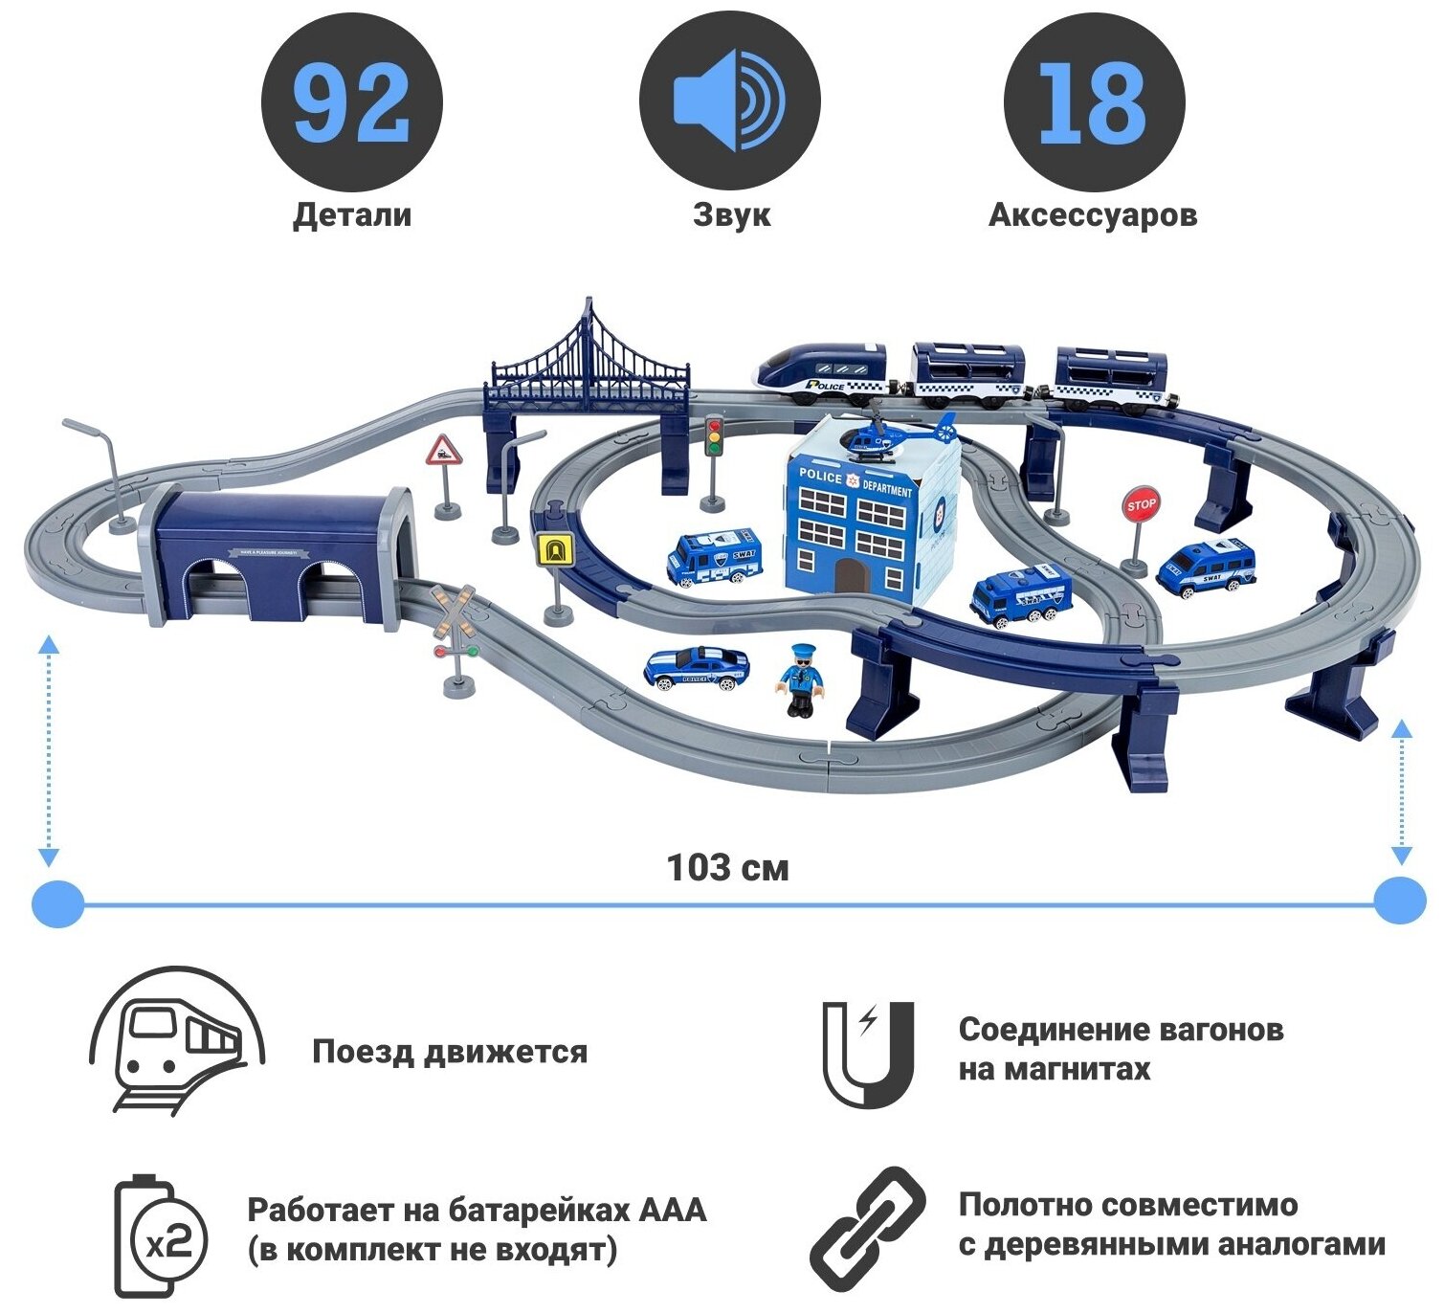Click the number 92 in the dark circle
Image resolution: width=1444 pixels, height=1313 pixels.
click(x=351, y=102)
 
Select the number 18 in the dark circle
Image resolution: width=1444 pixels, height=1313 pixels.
click(x=1093, y=102)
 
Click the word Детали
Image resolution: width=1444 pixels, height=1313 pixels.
click(x=352, y=214)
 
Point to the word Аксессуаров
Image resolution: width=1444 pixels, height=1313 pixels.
click(x=1093, y=214)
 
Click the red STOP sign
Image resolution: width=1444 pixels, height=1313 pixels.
click(x=1141, y=505)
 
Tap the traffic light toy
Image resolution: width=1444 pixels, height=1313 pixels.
click(x=714, y=435)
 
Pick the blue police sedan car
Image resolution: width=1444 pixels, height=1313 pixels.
click(x=696, y=667)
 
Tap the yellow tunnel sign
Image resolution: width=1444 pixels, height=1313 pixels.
click(x=554, y=550)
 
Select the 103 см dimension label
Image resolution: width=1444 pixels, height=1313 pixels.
click(x=727, y=868)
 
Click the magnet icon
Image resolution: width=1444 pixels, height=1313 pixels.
click(x=868, y=1054)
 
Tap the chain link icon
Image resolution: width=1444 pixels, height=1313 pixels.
click(x=868, y=1228)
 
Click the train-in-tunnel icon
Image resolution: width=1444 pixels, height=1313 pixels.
click(x=177, y=1043)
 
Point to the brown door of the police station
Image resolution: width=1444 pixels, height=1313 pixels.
click(x=848, y=576)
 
